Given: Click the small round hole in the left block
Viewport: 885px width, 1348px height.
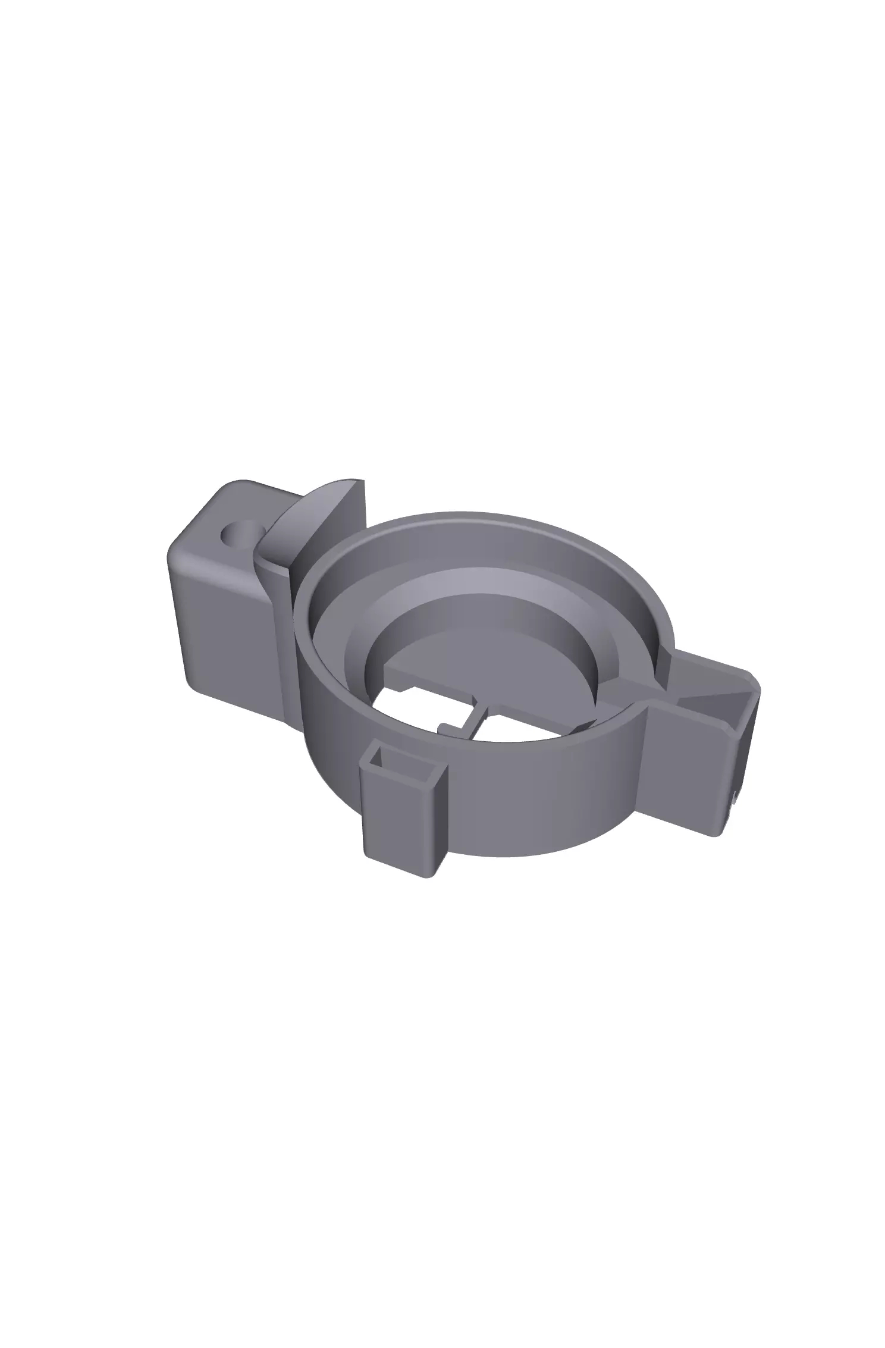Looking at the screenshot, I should tap(238, 534).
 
